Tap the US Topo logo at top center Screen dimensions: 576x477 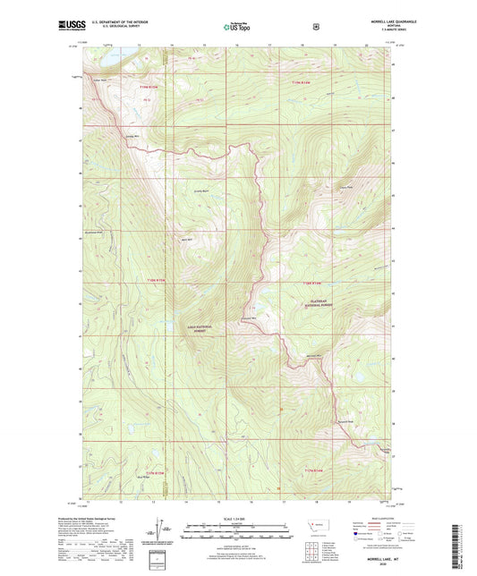tap(237, 27)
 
